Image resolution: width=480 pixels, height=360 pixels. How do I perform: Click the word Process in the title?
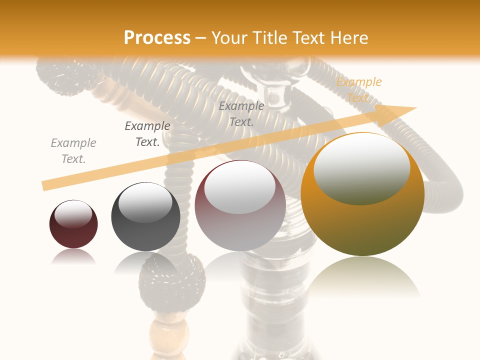click(x=157, y=38)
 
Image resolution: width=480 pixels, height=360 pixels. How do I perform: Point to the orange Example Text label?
click(x=358, y=90)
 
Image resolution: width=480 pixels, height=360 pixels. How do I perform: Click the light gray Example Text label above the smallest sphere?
click(x=73, y=151)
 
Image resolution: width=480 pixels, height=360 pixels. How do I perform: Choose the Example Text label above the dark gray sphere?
click(x=147, y=134)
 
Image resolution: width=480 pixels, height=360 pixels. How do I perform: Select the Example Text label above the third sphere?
click(x=241, y=114)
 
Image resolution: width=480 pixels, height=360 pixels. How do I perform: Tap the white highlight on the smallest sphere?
click(x=73, y=213)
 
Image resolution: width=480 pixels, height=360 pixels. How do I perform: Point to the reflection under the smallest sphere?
click(x=73, y=257)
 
